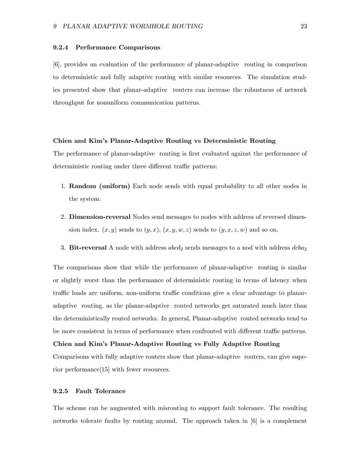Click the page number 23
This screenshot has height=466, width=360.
click(x=304, y=27)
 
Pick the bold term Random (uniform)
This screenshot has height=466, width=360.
click(x=99, y=186)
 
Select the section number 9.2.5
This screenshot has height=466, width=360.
click(x=62, y=390)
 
